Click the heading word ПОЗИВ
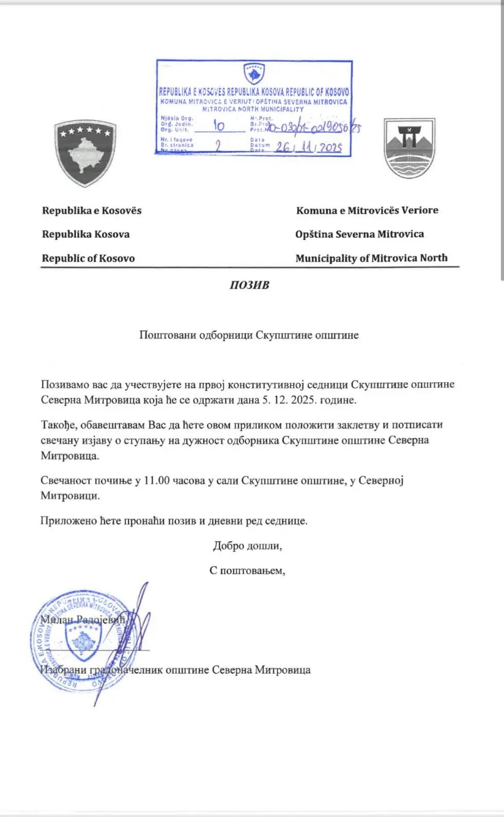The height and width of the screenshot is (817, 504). point(249,285)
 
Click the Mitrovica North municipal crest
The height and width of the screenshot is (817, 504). point(409,148)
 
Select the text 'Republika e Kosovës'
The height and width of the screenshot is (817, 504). point(92,211)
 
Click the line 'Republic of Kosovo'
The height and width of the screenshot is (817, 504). point(88,258)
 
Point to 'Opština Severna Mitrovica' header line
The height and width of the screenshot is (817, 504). point(359,234)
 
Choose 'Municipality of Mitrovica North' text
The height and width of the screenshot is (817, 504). point(371,258)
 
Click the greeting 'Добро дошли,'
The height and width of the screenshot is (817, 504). point(247,546)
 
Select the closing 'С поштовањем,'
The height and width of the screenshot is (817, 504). point(247,570)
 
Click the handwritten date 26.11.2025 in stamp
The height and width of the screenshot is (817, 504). point(309,147)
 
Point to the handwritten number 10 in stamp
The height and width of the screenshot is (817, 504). point(219,125)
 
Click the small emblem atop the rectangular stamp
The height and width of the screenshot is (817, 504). point(254,74)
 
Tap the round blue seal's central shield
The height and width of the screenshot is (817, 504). point(82,642)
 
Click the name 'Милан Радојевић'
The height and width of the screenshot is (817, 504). point(83,620)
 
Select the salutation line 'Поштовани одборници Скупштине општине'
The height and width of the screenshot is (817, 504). point(249,335)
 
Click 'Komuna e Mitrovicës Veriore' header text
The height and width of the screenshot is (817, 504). point(367,211)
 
